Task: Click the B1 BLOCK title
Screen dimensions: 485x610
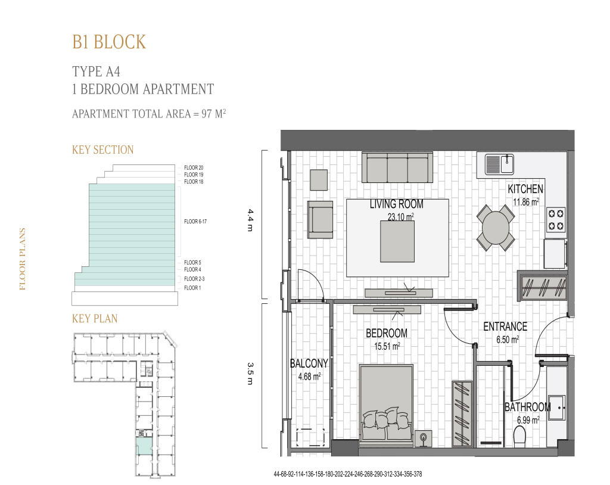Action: pyautogui.click(x=108, y=42)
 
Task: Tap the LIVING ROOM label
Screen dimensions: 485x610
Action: pyautogui.click(x=396, y=204)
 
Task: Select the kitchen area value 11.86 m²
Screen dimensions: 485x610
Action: pyautogui.click(x=526, y=202)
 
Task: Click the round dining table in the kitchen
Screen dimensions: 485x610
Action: pyautogui.click(x=496, y=228)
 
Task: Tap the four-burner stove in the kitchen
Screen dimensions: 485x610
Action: pyautogui.click(x=556, y=219)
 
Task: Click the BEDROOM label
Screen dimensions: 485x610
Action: pyautogui.click(x=387, y=333)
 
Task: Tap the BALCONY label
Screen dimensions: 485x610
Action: pyautogui.click(x=309, y=363)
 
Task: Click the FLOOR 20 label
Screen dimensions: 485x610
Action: pyautogui.click(x=194, y=167)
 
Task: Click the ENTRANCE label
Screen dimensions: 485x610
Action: pyautogui.click(x=505, y=327)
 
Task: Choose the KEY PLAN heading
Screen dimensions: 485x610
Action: pyautogui.click(x=95, y=319)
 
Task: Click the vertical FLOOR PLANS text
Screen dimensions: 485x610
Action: pyautogui.click(x=23, y=259)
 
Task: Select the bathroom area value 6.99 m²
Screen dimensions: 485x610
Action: pyautogui.click(x=527, y=419)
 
